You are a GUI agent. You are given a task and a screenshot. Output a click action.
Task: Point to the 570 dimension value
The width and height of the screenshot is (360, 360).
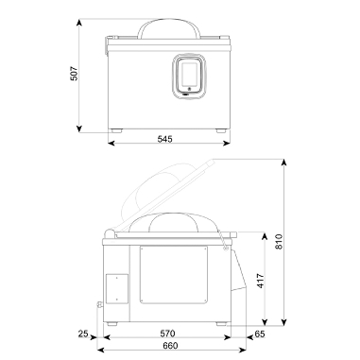click(x=166, y=334)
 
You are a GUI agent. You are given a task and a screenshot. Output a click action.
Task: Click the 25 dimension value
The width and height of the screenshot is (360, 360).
click(x=83, y=334)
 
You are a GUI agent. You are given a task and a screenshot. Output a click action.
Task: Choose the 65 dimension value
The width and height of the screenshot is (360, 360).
click(x=260, y=334)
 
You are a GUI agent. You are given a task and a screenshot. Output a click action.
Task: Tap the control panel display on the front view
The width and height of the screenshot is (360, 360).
click(x=188, y=73)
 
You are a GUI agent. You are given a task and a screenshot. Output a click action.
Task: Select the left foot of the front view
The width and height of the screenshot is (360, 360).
click(x=117, y=129)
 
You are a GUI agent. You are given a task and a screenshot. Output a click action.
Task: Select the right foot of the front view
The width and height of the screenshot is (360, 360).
click(x=220, y=129)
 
